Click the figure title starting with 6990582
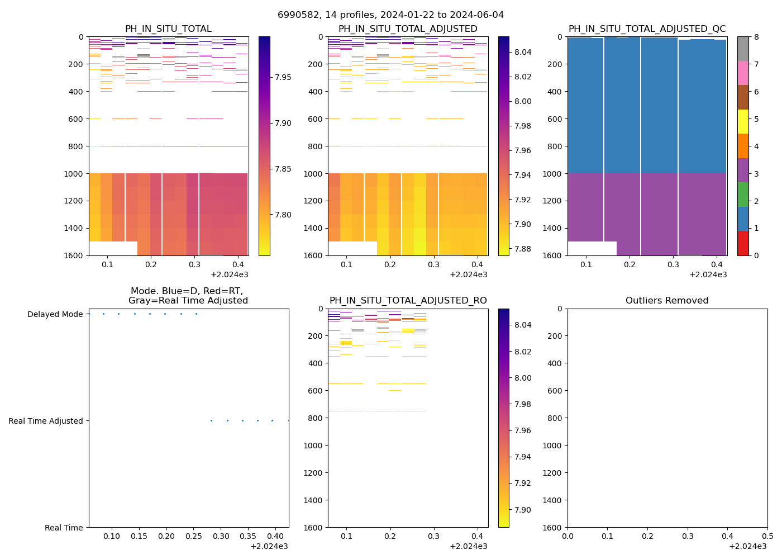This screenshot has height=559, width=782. [390, 15]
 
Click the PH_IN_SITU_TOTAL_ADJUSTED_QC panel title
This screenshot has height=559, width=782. [647, 29]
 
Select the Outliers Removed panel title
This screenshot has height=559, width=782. [667, 301]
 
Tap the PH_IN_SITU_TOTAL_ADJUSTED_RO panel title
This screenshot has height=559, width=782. [408, 301]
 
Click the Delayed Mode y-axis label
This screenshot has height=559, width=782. [55, 314]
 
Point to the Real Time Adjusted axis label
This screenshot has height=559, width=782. [46, 421]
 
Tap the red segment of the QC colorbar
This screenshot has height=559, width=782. [743, 243]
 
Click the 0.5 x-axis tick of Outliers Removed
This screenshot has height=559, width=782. [767, 536]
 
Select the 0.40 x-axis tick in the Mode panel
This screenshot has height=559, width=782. [275, 536]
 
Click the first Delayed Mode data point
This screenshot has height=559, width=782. [103, 314]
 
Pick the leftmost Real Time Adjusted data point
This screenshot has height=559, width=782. [211, 420]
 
